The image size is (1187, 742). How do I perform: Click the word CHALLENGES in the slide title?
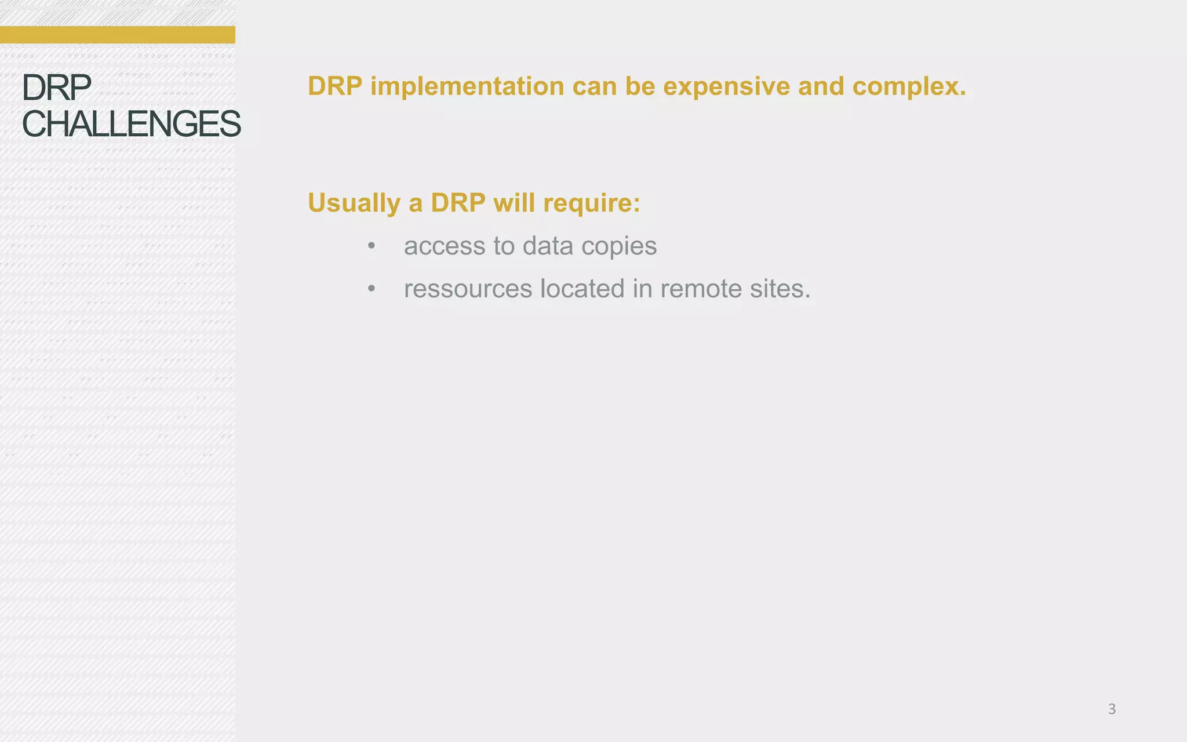tap(131, 124)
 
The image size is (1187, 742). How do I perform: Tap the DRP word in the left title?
tap(56, 88)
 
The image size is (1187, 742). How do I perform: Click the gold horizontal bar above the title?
tap(117, 35)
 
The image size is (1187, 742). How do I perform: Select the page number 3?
tap(1112, 709)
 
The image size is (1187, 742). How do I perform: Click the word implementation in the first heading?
tap(467, 87)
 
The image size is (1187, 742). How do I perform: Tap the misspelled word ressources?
tap(468, 289)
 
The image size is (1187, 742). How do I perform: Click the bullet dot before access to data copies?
tap(372, 246)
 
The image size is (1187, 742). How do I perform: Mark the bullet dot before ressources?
tap(372, 289)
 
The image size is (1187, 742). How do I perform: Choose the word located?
tap(582, 289)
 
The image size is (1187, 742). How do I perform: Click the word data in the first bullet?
tap(548, 246)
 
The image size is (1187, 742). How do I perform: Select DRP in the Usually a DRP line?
tap(458, 203)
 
